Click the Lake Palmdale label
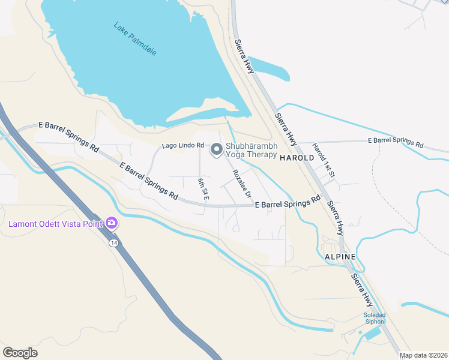pyautogui.click(x=135, y=39)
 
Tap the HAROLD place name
pyautogui.click(x=297, y=157)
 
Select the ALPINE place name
pyautogui.click(x=340, y=256)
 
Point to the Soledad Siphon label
pyautogui.click(x=373, y=318)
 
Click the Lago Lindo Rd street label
pyautogui.click(x=183, y=146)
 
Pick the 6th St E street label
pyautogui.click(x=203, y=188)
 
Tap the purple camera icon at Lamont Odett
pyautogui.click(x=111, y=224)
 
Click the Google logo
pyautogui.click(x=20, y=353)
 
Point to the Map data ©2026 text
pyautogui.click(x=423, y=355)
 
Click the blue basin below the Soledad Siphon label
pyautogui.click(x=372, y=334)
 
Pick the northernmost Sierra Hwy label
pyautogui.click(x=244, y=57)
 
